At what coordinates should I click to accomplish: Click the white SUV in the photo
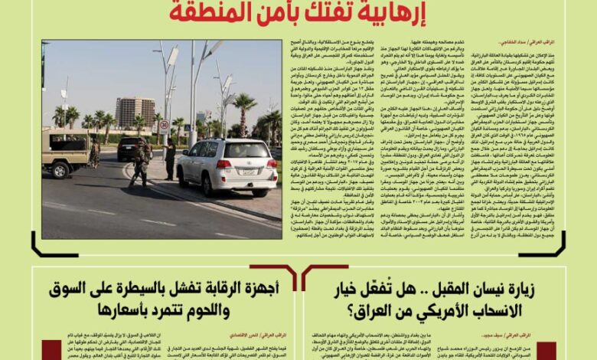coord(226,167)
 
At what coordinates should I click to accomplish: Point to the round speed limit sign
coord(164,124)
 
